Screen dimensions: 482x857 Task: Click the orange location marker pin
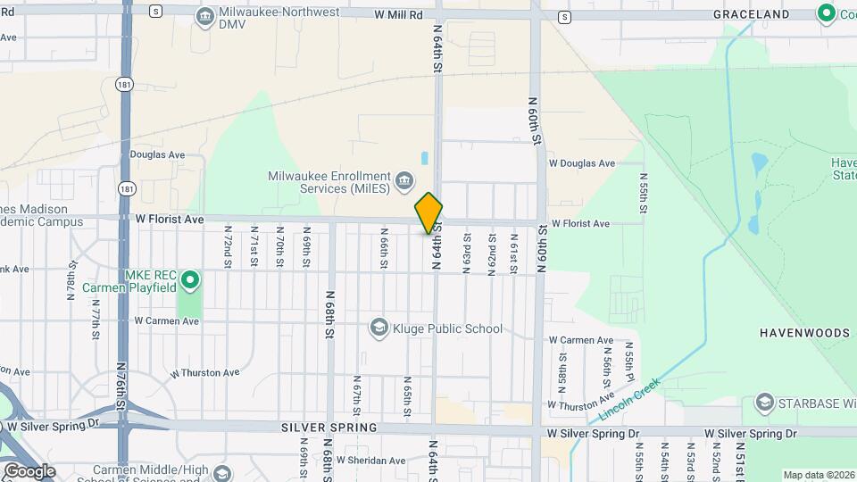click(x=428, y=213)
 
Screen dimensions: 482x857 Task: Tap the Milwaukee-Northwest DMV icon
click(x=205, y=15)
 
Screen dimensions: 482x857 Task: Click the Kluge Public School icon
click(x=379, y=328)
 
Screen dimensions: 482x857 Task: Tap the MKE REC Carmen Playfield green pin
click(x=189, y=281)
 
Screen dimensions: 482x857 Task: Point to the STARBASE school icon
click(x=764, y=403)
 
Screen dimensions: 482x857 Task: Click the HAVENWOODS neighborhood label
click(x=804, y=332)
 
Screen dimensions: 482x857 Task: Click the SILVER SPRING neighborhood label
click(x=317, y=428)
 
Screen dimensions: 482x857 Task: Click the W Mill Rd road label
click(x=398, y=15)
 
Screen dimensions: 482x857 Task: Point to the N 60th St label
click(x=536, y=121)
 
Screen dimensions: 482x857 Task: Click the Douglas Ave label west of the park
click(x=156, y=154)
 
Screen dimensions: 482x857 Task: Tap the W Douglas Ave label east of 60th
click(x=582, y=163)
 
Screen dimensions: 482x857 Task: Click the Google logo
click(x=29, y=470)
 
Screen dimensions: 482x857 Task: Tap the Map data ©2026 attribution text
click(x=817, y=475)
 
